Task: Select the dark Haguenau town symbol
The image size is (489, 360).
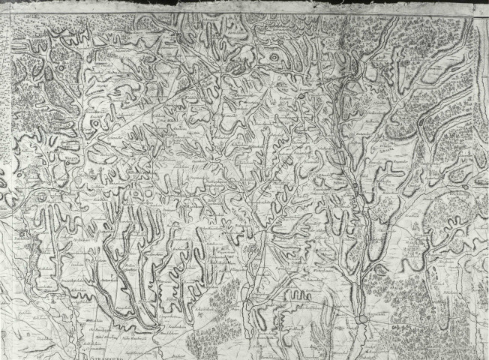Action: coord(364,319)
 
